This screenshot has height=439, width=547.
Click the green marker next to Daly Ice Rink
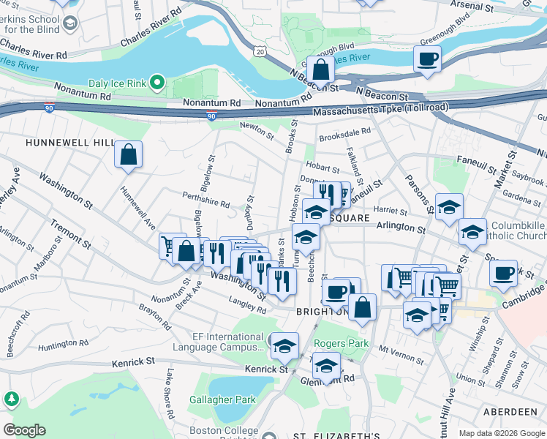[x=156, y=82]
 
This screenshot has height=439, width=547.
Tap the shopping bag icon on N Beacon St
[x=320, y=70]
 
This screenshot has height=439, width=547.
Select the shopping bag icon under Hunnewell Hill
[x=128, y=155]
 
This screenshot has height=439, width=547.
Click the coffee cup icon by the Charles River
[x=428, y=59]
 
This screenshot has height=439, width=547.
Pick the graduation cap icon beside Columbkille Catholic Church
[x=472, y=233]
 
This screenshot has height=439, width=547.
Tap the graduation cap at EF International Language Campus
[x=284, y=346]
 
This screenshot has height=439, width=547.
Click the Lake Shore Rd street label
[x=170, y=394]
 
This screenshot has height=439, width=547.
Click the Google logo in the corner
[x=23, y=430]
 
